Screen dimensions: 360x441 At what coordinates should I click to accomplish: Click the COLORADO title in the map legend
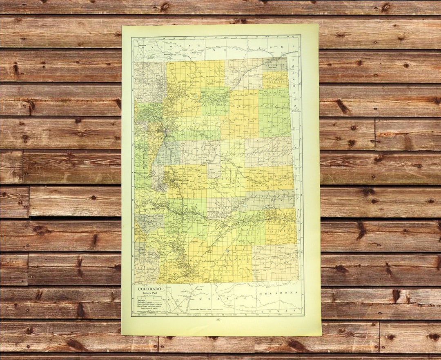coord(149,289)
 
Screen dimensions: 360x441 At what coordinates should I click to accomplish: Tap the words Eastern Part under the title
coord(149,293)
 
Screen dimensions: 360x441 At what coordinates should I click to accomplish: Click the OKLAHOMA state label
coord(277,293)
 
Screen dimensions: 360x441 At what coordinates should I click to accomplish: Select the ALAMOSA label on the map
coord(140,248)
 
